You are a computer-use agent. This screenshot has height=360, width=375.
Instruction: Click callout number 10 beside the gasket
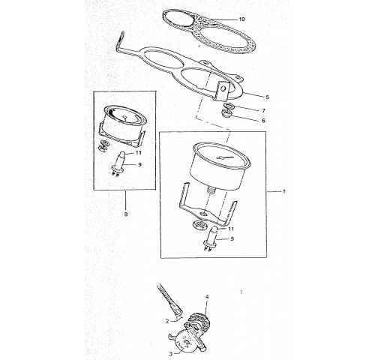(x=241, y=19)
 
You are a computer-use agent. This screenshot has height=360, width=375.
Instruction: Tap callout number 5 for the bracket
(x=267, y=97)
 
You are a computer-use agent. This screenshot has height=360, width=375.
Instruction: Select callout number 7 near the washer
(x=263, y=110)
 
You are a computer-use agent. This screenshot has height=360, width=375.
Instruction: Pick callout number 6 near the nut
(x=263, y=121)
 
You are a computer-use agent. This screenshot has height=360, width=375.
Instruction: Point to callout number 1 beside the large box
(x=283, y=191)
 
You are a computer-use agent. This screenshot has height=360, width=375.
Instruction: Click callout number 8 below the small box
(x=126, y=214)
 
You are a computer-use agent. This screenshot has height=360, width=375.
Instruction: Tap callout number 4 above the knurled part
(x=207, y=297)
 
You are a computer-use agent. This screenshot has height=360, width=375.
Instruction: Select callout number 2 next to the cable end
(x=167, y=321)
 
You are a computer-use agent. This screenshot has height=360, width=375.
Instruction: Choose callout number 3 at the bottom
(x=171, y=354)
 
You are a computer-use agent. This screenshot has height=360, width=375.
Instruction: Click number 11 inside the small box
(x=139, y=153)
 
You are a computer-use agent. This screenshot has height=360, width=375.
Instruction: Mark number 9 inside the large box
(x=232, y=238)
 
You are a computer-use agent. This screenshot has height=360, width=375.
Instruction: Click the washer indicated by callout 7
(x=229, y=106)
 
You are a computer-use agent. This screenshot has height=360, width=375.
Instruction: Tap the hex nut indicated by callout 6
(x=227, y=112)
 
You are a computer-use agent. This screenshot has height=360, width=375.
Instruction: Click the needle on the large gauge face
(x=224, y=157)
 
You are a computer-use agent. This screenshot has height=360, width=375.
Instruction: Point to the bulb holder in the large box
(x=211, y=238)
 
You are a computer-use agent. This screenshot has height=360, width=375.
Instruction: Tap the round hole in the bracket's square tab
(x=223, y=88)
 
